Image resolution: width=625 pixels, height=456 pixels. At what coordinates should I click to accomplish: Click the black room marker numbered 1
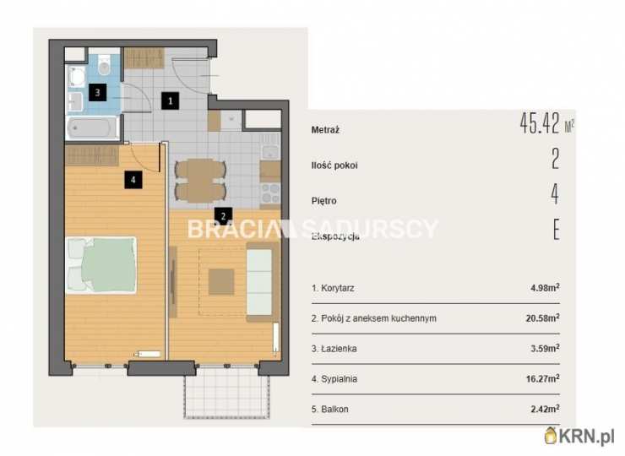171,100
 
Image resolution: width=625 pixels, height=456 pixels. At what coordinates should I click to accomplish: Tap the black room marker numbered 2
223,216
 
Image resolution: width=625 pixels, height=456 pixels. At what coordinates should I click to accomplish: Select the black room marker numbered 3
98,93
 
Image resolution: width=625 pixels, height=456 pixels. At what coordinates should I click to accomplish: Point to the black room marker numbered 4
133,179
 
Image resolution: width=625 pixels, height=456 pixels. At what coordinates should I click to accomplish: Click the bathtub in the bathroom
92,128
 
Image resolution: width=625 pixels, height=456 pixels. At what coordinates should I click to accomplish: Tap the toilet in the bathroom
105,65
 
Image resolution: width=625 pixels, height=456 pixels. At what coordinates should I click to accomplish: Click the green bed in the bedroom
101,265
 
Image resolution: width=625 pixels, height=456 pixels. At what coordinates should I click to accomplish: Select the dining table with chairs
200,180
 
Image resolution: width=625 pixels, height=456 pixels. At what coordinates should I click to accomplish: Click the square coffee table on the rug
221,282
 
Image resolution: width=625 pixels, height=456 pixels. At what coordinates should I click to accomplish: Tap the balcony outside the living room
226,392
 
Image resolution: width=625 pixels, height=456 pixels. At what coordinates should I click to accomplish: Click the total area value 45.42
540,123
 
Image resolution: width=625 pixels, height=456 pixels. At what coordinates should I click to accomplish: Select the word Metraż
325,130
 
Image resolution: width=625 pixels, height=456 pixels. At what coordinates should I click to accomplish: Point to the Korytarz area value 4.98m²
545,287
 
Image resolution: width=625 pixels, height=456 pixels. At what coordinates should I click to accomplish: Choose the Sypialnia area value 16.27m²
542,378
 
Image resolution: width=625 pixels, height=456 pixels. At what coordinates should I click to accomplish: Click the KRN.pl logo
579,436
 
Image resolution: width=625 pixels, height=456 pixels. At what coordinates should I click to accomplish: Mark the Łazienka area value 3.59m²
545,348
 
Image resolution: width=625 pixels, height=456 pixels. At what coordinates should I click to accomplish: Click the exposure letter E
557,230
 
